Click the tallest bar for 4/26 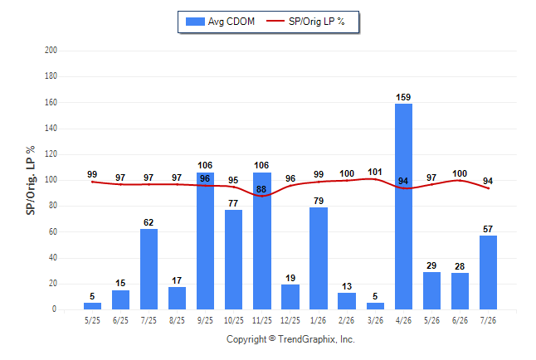click(403, 207)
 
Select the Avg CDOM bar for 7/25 click(149, 269)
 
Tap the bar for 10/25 click(233, 260)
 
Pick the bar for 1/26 click(319, 259)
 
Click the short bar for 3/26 click(375, 306)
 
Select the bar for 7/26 click(488, 272)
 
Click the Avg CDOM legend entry click(220, 22)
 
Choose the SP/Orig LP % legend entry click(305, 22)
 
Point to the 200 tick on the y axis click(51, 51)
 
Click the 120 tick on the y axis click(51, 153)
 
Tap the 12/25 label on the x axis click(290, 320)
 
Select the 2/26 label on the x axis click(347, 320)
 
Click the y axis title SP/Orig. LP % click(31, 180)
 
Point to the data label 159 click(403, 97)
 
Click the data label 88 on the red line click(261, 189)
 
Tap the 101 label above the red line click(375, 172)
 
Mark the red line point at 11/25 click(262, 197)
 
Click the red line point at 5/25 click(92, 182)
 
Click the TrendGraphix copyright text click(290, 339)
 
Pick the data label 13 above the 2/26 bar click(347, 286)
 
